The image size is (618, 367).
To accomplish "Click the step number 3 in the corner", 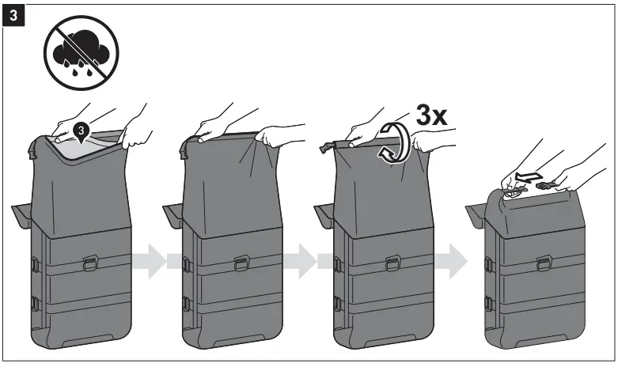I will point(13,14).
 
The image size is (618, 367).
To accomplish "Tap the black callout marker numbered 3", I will point(80,129).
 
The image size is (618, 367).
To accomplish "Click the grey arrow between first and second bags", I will point(153,260).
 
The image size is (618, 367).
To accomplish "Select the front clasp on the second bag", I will point(241,262).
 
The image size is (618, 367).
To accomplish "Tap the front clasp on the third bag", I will point(392,262).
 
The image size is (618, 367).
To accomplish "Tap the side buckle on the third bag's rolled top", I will point(325,146).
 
